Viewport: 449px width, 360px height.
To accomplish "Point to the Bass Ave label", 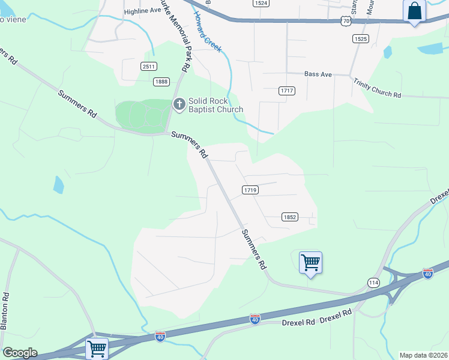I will (318, 74).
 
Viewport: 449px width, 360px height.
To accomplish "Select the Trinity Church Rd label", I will (376, 88).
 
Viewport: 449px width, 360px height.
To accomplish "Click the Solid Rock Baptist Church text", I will (215, 105).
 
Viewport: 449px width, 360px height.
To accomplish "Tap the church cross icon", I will (179, 104).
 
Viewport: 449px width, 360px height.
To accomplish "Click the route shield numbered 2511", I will (149, 67).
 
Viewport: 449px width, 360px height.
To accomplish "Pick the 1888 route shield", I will (161, 82).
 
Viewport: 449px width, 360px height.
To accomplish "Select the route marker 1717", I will (287, 91).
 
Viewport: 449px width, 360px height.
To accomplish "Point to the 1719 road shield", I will (250, 190).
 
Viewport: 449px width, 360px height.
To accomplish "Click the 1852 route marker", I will (289, 217).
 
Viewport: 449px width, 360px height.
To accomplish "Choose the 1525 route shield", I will (360, 38).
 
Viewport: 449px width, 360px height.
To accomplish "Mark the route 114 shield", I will (374, 282).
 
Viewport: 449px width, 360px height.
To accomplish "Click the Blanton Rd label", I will (5, 310).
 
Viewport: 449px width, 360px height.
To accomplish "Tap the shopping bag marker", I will (415, 11).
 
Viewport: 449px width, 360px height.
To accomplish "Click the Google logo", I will (20, 353).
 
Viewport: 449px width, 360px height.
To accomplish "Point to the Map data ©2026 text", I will (423, 355).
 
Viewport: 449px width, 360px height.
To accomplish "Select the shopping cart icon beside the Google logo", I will (97, 348).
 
